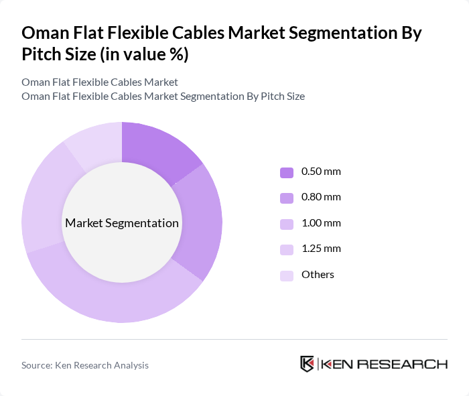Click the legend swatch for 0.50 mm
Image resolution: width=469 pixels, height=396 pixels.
click(286, 172)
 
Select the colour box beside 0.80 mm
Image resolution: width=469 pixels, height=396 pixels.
click(286, 198)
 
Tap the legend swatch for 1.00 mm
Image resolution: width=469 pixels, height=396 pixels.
click(286, 224)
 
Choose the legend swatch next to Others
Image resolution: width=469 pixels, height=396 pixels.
click(286, 275)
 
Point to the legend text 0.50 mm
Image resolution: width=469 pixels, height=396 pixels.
click(321, 172)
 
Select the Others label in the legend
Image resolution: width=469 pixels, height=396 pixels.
click(318, 275)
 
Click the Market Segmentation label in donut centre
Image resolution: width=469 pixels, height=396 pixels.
click(122, 223)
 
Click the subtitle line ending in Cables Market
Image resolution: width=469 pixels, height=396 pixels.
click(100, 82)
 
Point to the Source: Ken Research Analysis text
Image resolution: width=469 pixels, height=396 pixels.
click(85, 365)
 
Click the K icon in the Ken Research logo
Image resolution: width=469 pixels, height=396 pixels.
click(308, 364)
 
